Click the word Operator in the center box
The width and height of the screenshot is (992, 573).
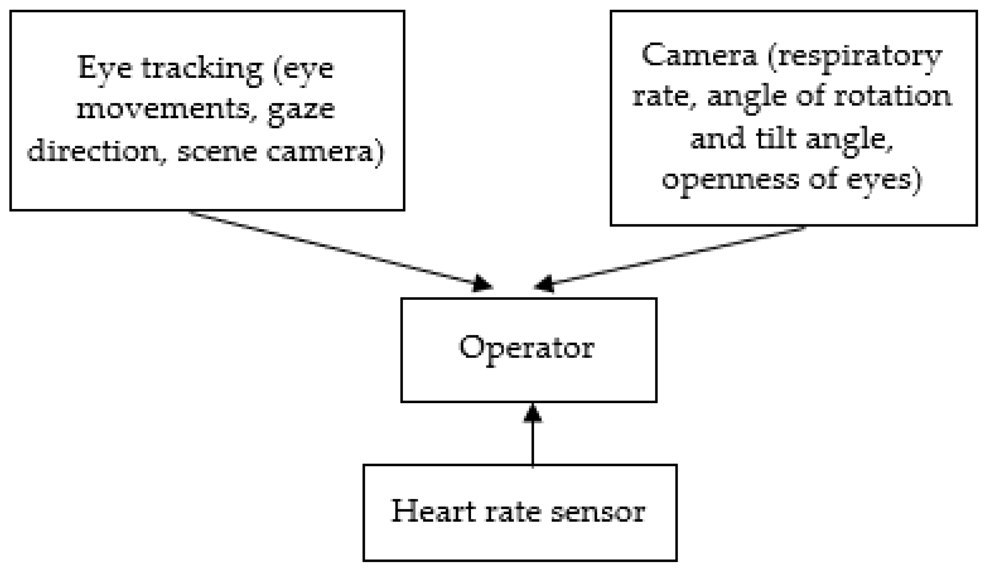(526, 348)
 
